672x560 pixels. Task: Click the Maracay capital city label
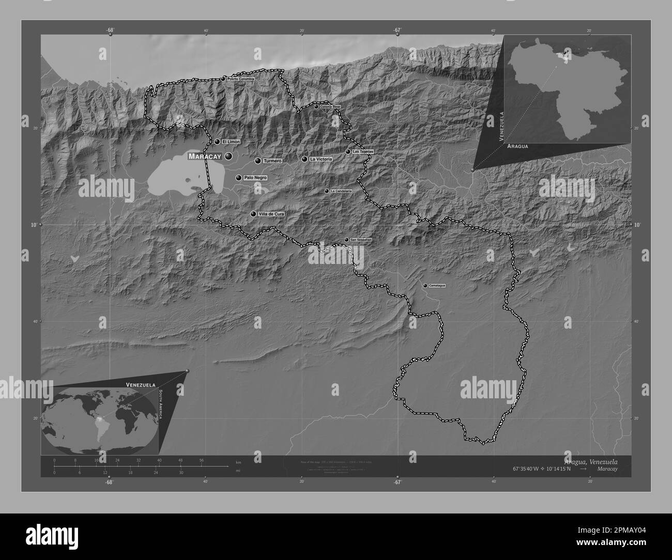tap(205, 156)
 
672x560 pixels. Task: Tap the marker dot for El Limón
tap(217, 142)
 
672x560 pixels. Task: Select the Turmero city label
tap(272, 161)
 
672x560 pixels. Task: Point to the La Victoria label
tap(320, 160)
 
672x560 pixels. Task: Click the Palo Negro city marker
tap(238, 178)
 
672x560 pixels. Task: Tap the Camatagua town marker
tap(425, 286)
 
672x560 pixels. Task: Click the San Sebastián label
tap(361, 240)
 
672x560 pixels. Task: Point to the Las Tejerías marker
tap(348, 152)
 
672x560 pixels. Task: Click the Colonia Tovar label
tap(331, 107)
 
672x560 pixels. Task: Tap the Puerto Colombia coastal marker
tap(223, 79)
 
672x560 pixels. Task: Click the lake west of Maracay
tap(173, 178)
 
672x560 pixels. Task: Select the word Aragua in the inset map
tap(517, 147)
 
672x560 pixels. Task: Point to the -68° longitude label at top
tap(110, 30)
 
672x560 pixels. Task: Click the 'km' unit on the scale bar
tap(238, 462)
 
